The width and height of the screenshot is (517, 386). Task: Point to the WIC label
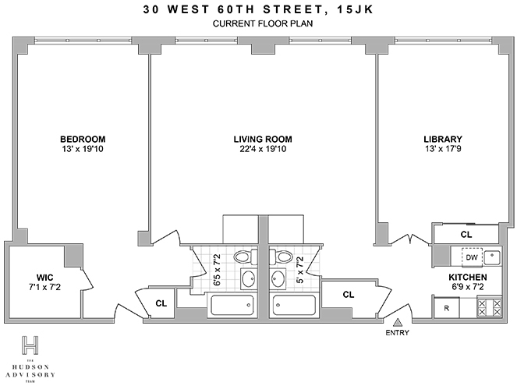click(x=44, y=277)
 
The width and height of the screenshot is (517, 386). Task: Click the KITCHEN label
click(x=468, y=277)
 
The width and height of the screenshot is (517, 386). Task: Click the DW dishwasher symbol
click(x=472, y=257)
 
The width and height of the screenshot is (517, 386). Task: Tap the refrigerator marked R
click(x=447, y=308)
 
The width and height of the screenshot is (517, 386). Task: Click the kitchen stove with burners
click(x=487, y=307)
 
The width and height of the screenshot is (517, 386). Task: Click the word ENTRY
click(x=397, y=334)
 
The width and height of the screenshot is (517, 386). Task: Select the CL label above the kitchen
click(x=466, y=234)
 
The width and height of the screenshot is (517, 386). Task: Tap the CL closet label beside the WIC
click(x=161, y=303)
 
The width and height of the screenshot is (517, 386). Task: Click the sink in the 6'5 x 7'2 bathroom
click(x=249, y=279)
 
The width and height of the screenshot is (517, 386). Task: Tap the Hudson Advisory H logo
click(x=30, y=344)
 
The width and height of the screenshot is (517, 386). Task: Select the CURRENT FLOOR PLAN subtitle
click(x=258, y=23)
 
